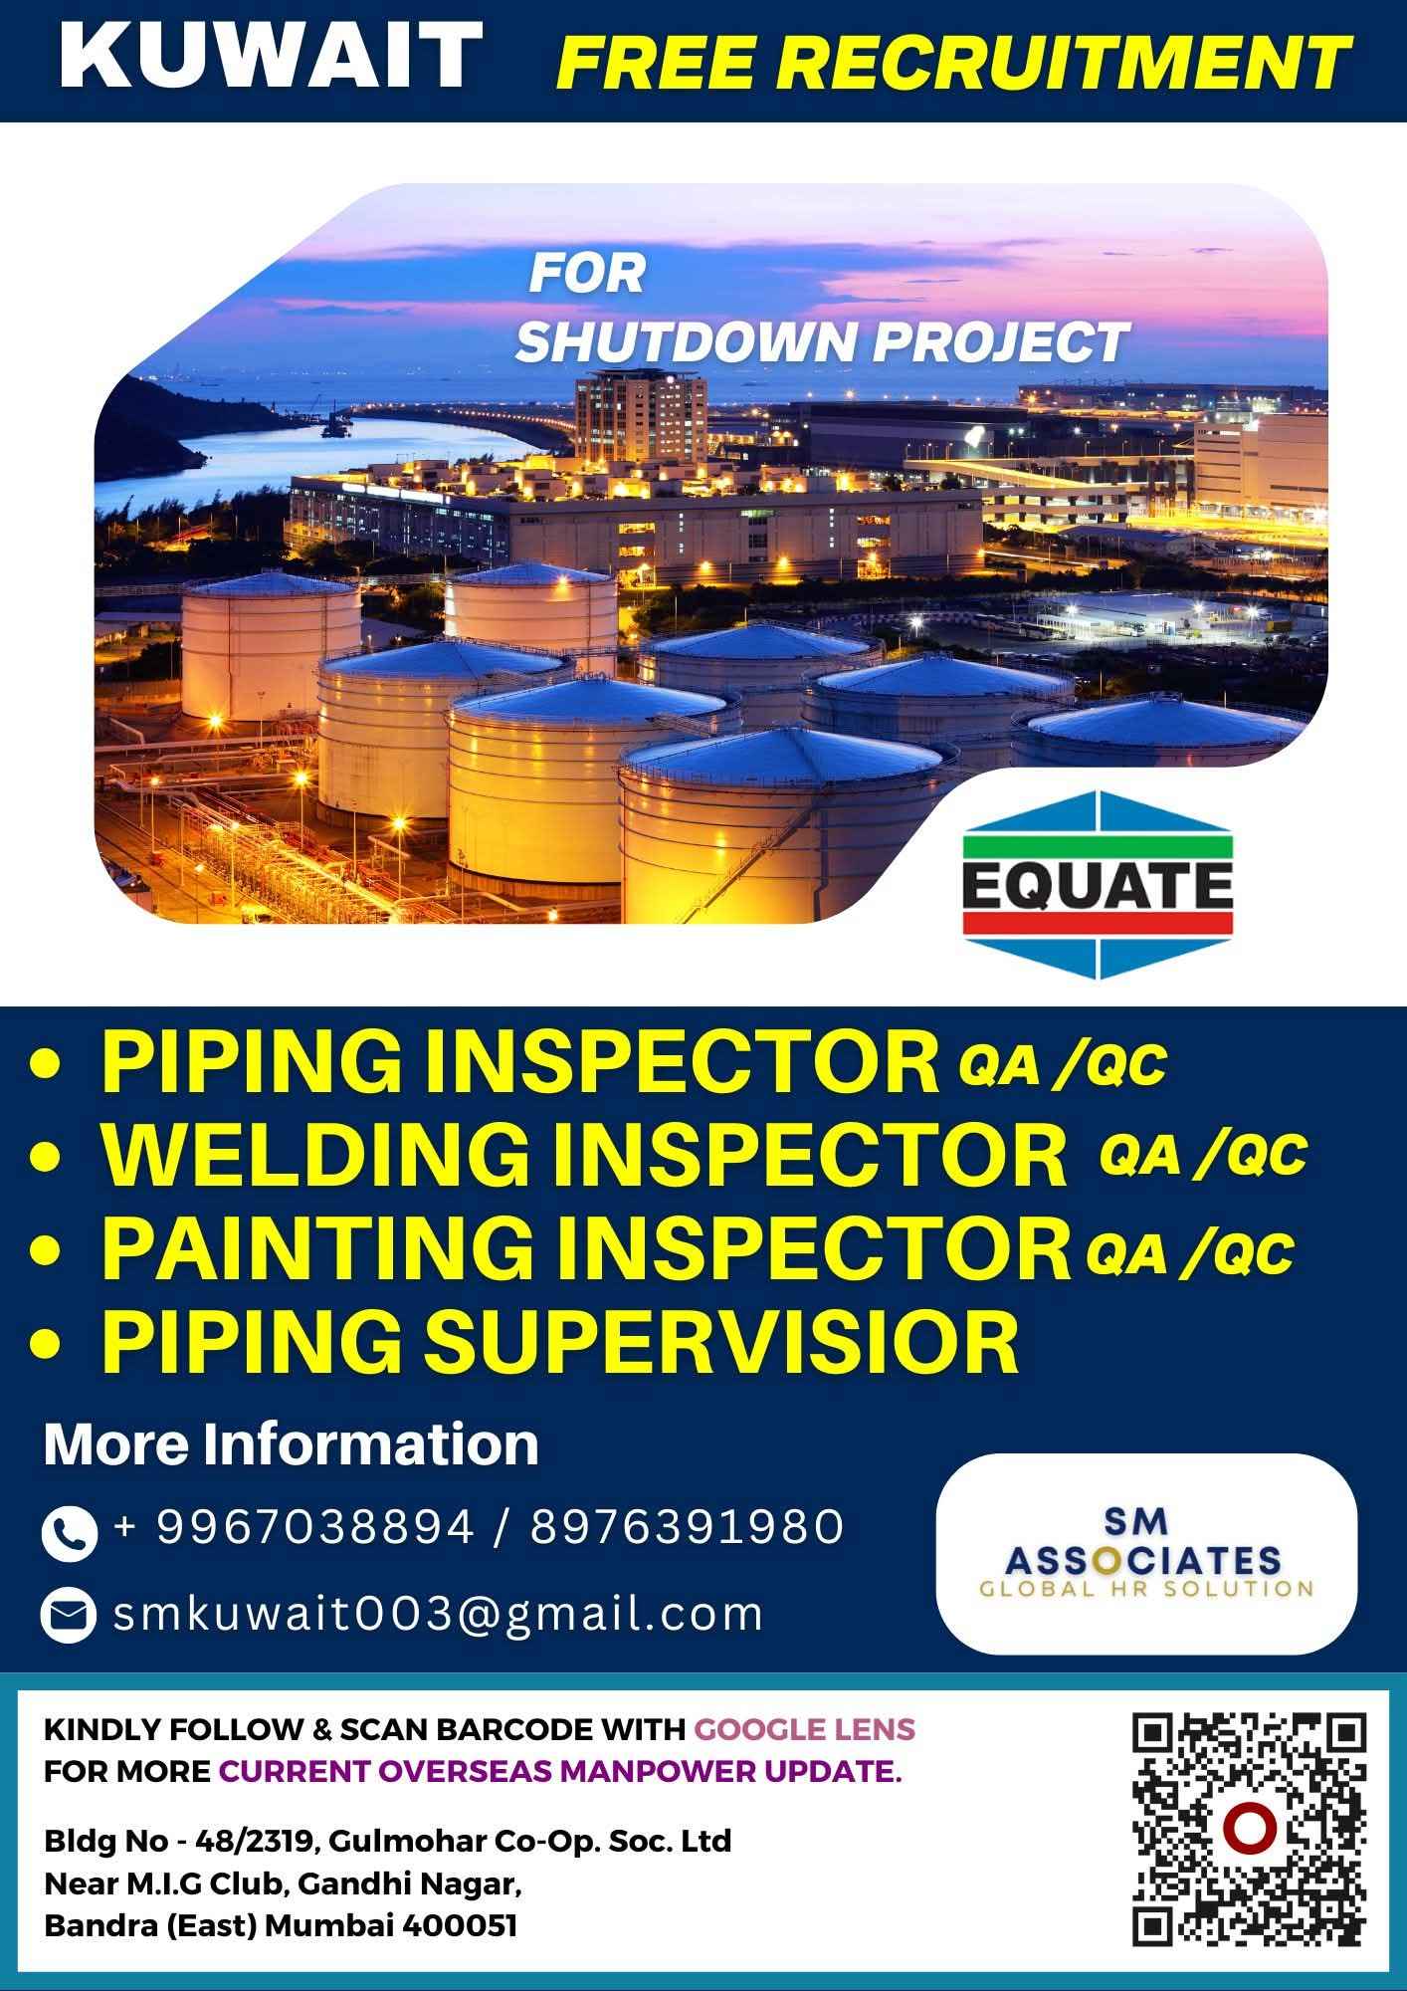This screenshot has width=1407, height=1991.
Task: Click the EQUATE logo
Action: (x=1098, y=884)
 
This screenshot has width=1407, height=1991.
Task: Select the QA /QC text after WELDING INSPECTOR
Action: (x=1202, y=1156)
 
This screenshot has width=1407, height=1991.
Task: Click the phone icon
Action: (x=69, y=1532)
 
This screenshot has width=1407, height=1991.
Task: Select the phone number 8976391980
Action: (x=687, y=1527)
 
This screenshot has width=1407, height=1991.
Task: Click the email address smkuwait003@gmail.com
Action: (x=438, y=1614)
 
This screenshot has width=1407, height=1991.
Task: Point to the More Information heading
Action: (x=291, y=1443)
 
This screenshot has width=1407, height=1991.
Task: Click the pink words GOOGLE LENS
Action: (x=804, y=1729)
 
